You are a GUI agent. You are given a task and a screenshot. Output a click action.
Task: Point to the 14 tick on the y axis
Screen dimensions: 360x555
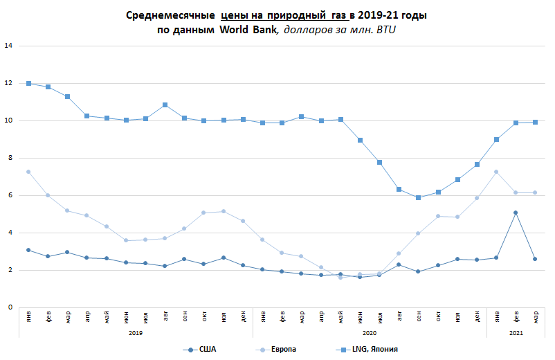pos(9,46)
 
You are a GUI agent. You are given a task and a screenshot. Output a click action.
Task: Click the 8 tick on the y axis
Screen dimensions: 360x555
pos(9,158)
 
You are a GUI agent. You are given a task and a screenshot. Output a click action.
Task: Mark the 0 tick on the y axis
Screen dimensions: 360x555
pos(9,307)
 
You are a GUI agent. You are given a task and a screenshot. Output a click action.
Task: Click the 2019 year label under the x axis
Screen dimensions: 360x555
pos(136,333)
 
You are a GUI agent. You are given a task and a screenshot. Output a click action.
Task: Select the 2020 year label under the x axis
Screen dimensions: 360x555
pos(370,333)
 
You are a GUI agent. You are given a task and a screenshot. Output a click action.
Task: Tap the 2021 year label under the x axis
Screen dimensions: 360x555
pos(516,333)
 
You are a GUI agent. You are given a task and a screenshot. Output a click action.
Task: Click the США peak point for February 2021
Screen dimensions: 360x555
pos(516,213)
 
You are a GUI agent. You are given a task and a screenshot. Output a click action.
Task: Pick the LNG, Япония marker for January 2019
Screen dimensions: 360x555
pos(29,83)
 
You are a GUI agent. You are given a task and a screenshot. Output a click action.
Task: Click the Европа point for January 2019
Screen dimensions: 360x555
pos(29,172)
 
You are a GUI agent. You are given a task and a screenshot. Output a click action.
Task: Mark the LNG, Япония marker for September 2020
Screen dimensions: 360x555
pos(418,197)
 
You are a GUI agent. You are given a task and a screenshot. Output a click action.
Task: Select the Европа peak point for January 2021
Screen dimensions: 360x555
pos(496,172)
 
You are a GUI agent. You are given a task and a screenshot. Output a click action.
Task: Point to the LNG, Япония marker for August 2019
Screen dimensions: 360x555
pos(165,105)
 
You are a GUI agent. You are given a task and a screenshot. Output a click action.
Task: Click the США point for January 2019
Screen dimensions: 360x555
pos(29,250)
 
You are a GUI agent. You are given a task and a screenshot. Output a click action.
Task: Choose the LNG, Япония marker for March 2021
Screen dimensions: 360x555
pos(535,122)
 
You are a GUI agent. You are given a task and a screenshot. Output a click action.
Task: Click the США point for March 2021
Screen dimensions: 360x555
pos(535,259)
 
